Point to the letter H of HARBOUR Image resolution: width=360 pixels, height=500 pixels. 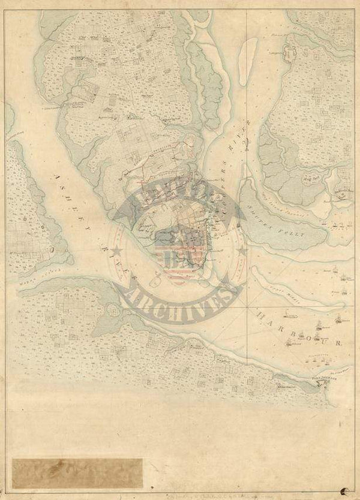click(260, 314)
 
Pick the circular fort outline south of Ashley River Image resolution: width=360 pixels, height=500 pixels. click(112, 311)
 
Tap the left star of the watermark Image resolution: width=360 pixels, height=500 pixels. click(118, 250)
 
